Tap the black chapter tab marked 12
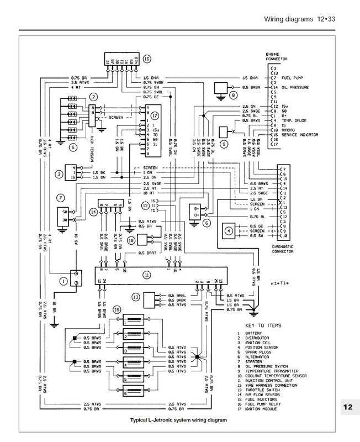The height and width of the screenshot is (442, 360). (347, 408)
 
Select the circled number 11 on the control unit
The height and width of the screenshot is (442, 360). (146, 274)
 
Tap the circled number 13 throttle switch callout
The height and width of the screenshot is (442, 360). (135, 297)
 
